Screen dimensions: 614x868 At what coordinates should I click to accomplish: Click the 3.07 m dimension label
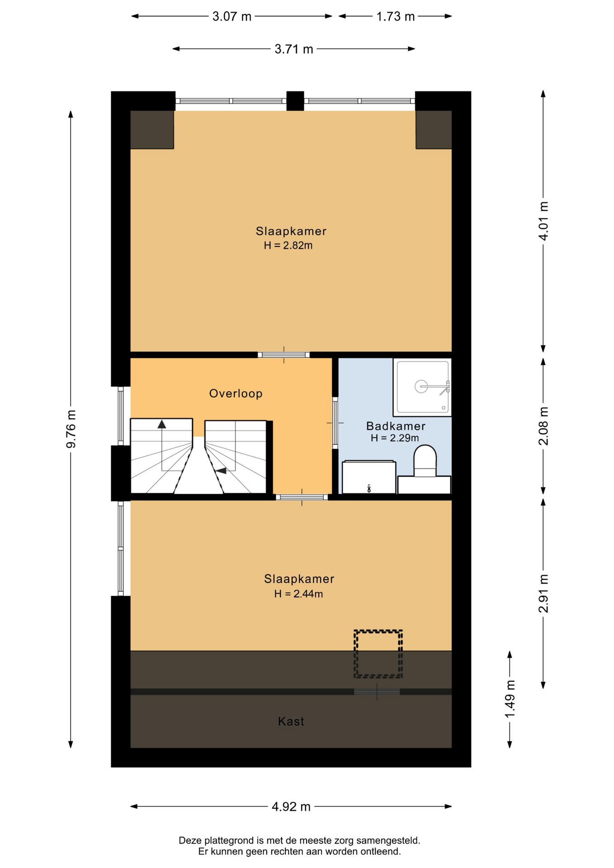(x=232, y=17)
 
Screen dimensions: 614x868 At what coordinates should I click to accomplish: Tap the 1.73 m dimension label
(x=396, y=17)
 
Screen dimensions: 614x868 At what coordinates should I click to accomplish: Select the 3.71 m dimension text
(x=294, y=49)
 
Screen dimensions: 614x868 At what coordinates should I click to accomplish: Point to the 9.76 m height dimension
(x=71, y=429)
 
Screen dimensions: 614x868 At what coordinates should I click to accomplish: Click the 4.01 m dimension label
(x=543, y=221)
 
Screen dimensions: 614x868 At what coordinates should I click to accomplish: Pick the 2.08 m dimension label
(x=543, y=426)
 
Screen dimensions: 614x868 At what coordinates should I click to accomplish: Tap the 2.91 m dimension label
(x=543, y=594)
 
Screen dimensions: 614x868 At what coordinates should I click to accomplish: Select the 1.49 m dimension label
(x=510, y=699)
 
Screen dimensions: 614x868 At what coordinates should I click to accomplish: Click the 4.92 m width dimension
(x=291, y=807)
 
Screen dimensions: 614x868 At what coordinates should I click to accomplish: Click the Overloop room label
(x=236, y=393)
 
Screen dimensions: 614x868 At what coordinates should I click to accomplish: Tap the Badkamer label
(x=396, y=426)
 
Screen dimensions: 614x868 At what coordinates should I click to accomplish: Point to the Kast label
(x=291, y=722)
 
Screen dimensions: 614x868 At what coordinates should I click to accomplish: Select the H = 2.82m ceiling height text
(x=288, y=245)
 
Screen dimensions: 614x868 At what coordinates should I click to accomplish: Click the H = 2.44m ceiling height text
(x=298, y=594)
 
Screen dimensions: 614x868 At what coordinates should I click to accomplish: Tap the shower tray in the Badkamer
(x=422, y=387)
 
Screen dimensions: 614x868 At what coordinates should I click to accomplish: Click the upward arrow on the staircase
(x=162, y=424)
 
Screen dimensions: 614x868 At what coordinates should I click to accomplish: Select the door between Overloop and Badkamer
(x=335, y=423)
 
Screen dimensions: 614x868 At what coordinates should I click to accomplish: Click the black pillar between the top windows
(x=295, y=101)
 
